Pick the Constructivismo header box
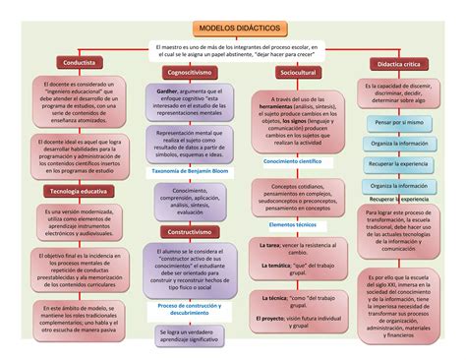[x=190, y=232]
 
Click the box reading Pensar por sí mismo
[x=399, y=122]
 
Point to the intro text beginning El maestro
[x=232, y=51]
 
